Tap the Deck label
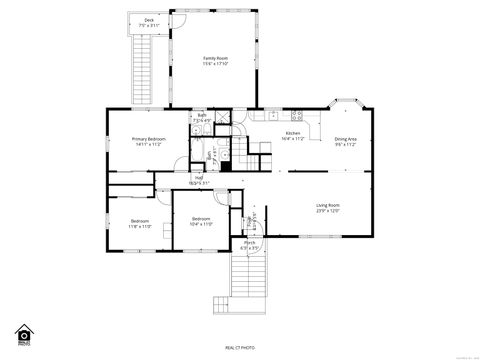point(149,19)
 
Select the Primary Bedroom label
point(149,139)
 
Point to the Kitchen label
point(293,133)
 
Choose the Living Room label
point(329,205)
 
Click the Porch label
point(250,242)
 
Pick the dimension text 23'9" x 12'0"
point(329,211)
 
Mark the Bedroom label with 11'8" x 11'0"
point(139,221)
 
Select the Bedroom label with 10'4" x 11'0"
point(201,218)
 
